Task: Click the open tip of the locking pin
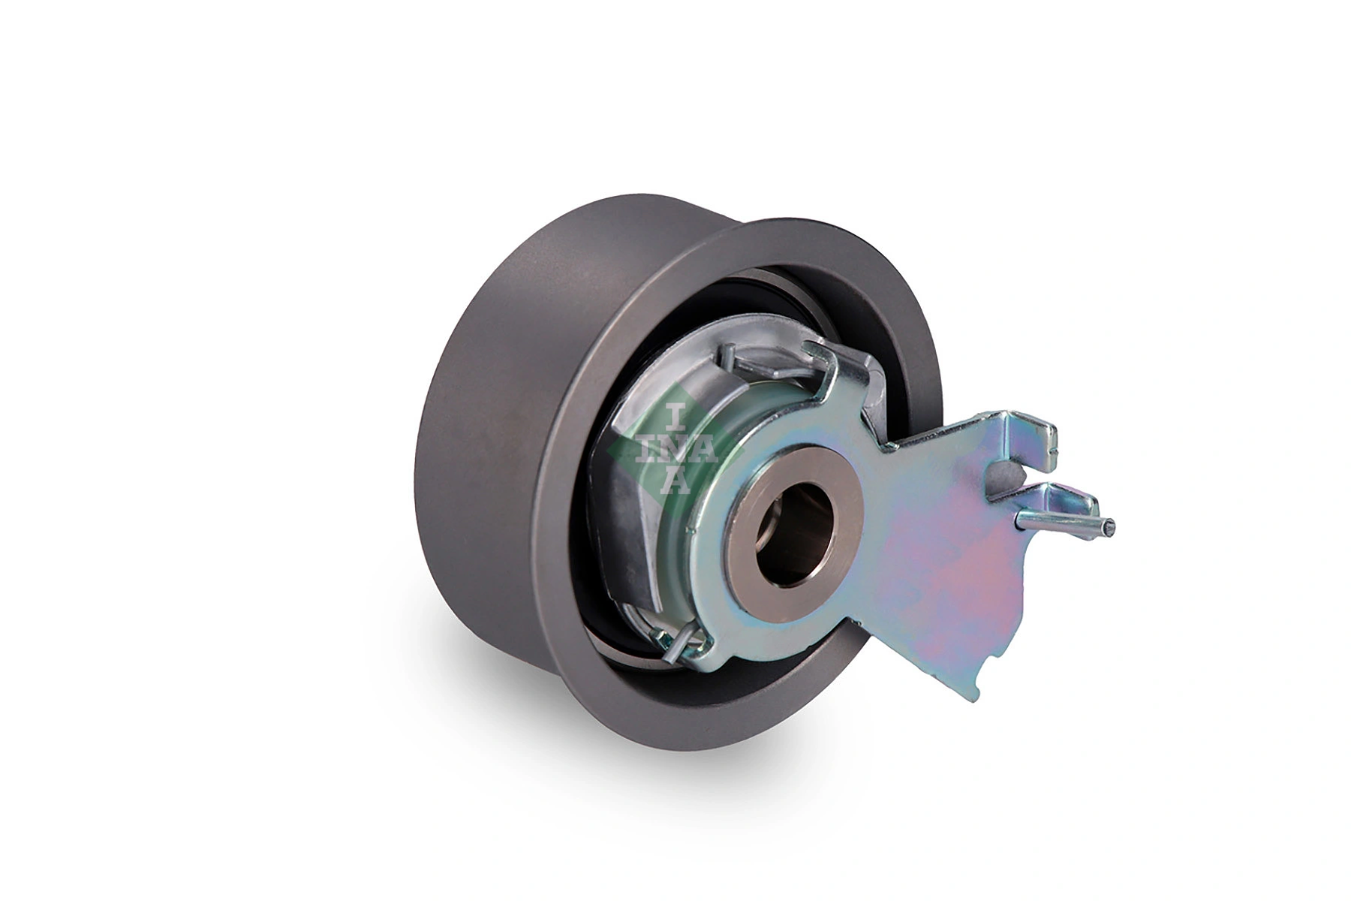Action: (1109, 527)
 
